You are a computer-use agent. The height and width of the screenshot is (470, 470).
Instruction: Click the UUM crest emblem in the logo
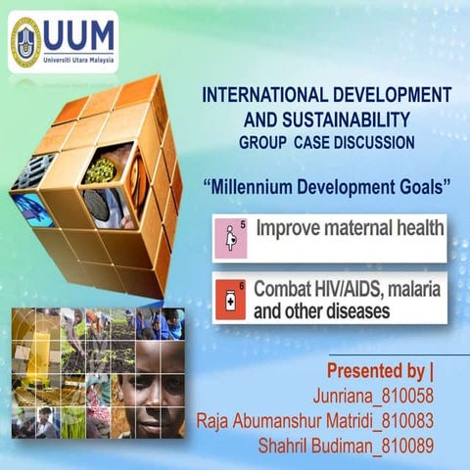(25, 42)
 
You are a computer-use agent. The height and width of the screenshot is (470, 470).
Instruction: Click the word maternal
(359, 230)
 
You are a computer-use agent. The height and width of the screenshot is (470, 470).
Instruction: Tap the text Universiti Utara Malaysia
(81, 58)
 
